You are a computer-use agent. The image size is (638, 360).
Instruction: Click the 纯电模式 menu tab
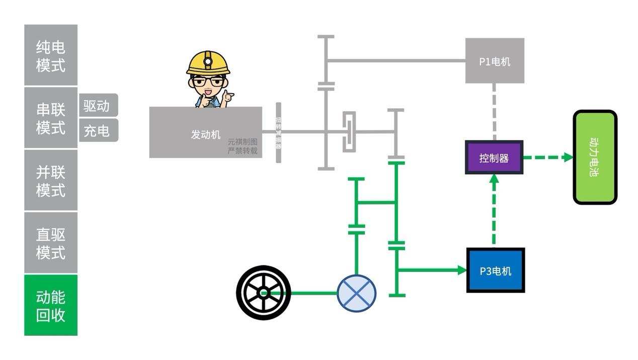point(51,55)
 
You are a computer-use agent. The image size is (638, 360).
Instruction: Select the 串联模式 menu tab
point(51,118)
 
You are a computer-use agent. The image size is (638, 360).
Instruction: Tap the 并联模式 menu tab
point(51,180)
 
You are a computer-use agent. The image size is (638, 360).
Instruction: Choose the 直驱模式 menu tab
point(51,243)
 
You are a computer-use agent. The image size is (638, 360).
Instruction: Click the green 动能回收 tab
point(51,305)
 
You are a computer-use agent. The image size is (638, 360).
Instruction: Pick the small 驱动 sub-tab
point(98,105)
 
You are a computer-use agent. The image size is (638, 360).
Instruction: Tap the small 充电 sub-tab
point(98,130)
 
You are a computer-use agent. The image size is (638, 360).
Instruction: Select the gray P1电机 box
point(495,61)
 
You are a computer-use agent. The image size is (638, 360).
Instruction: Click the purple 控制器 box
point(494,158)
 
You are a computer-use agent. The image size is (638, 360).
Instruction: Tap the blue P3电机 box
point(496,270)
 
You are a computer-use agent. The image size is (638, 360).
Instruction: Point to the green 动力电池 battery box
point(595,157)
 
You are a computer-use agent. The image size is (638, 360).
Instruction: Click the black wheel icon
point(263,293)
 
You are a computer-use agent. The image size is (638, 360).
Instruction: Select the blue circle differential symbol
point(356,293)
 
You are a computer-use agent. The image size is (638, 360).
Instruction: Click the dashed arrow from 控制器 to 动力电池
point(548,157)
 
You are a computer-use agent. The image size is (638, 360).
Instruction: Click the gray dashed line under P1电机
point(494,112)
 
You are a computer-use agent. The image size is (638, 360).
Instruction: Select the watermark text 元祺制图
point(243,142)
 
